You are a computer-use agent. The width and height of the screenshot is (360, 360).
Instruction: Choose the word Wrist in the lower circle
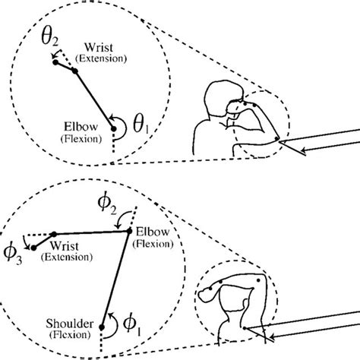[65, 246]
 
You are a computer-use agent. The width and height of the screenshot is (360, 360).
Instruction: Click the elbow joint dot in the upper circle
[114, 130]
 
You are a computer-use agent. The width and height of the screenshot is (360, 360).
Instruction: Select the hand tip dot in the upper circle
[55, 63]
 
